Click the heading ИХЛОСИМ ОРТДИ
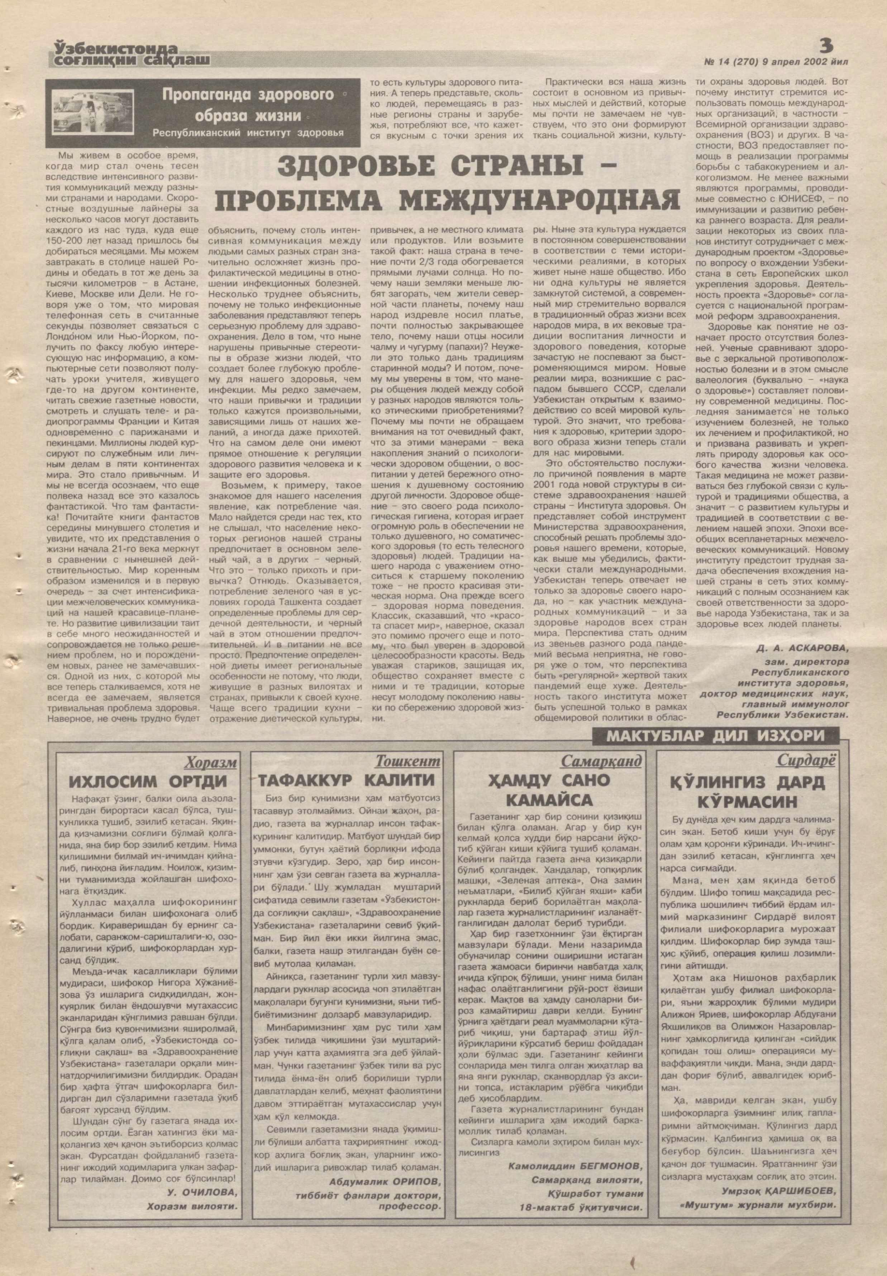point(148,782)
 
